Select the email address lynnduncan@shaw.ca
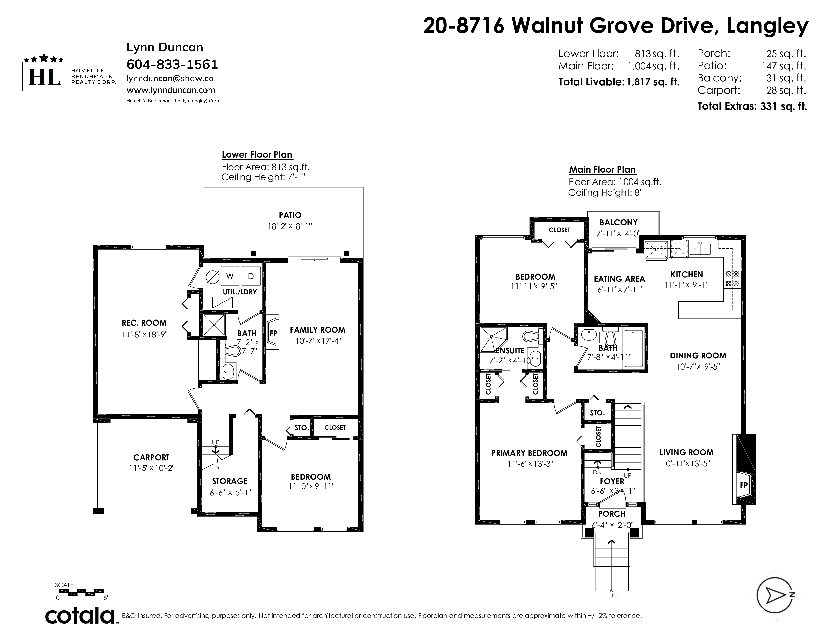(x=170, y=79)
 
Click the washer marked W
(x=230, y=276)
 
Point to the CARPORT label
(x=151, y=457)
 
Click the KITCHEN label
(x=687, y=274)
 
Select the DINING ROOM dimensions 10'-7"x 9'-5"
(x=698, y=367)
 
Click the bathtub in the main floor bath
(x=634, y=348)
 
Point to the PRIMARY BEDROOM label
(x=530, y=453)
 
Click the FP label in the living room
(x=744, y=485)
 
